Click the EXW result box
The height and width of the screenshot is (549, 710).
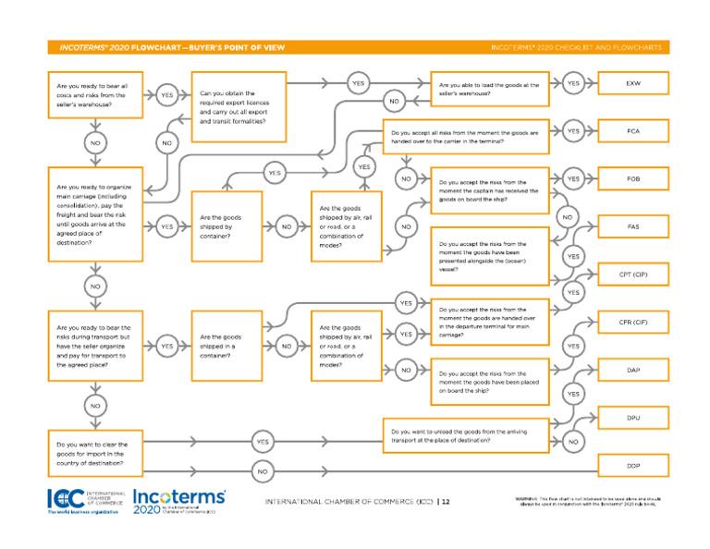click(x=632, y=83)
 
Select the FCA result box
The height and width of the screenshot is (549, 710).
click(x=632, y=131)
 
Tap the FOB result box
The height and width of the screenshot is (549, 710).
click(x=632, y=178)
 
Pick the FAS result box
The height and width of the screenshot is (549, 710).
click(x=632, y=226)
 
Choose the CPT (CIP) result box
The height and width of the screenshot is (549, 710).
click(x=632, y=274)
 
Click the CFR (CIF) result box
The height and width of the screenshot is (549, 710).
click(x=632, y=323)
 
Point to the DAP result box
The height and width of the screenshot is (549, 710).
click(x=632, y=370)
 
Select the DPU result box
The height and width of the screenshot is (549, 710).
click(x=632, y=418)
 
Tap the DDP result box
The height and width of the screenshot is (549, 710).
click(x=632, y=465)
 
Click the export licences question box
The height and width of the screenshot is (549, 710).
click(x=239, y=107)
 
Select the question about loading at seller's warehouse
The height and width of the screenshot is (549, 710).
click(x=490, y=89)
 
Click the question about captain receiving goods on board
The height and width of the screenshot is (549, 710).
click(x=490, y=189)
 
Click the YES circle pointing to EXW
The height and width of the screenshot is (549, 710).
click(x=573, y=83)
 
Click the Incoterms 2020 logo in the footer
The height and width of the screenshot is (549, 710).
click(x=177, y=500)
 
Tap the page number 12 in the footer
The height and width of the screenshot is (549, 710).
click(x=445, y=502)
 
